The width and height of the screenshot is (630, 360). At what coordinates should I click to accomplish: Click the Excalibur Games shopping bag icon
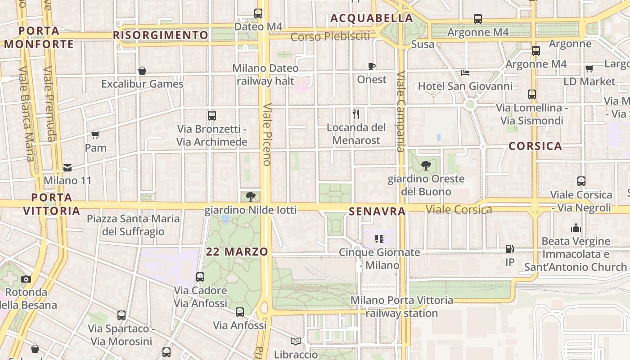click(142, 71)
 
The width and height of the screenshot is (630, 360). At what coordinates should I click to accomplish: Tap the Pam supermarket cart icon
click(95, 135)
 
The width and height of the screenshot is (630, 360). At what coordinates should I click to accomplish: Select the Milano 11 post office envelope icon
click(67, 168)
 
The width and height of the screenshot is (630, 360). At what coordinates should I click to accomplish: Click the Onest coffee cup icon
click(372, 67)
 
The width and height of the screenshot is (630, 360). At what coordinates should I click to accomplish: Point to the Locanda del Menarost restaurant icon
click(356, 114)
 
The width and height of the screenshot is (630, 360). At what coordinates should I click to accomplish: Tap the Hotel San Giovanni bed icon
click(465, 73)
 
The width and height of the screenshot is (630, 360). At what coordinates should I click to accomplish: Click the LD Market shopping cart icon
click(589, 68)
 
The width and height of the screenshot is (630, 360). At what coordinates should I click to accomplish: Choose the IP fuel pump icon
click(510, 248)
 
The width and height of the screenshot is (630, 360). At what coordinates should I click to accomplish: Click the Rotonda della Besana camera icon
click(26, 279)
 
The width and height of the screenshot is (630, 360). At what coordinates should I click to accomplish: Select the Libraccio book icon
click(296, 342)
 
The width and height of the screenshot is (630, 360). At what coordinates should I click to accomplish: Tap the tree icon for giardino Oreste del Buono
click(426, 166)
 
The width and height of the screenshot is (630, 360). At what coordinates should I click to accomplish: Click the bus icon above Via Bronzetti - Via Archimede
click(212, 116)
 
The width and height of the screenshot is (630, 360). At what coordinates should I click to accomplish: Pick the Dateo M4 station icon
click(258, 13)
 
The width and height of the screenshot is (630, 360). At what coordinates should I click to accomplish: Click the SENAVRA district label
click(377, 211)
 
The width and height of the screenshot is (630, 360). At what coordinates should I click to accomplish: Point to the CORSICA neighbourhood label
click(535, 146)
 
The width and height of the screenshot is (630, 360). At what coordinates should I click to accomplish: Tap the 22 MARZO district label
click(237, 252)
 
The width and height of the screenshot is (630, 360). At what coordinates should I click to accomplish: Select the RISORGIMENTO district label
click(161, 35)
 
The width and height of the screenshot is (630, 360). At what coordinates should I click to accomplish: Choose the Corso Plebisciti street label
click(330, 36)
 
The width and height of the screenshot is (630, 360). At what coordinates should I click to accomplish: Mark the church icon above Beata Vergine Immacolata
click(576, 228)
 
